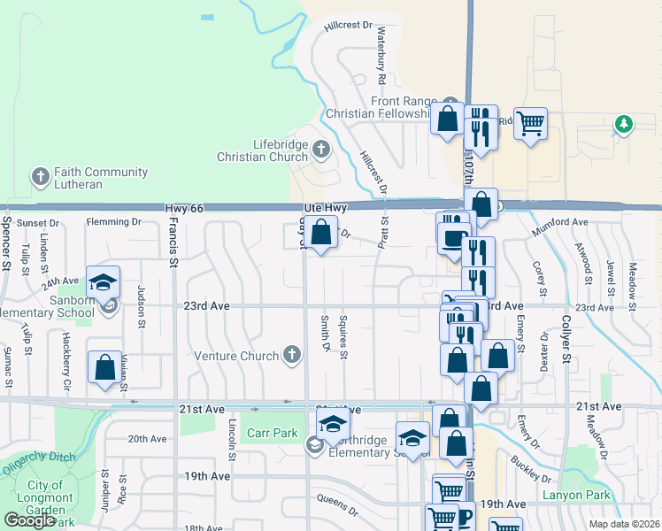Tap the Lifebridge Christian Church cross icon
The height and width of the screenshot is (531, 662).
pos(320,150)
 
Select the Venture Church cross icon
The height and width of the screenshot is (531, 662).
pos(291,356)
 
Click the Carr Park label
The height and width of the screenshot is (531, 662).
pos(271,434)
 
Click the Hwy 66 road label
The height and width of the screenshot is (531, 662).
pos(184,207)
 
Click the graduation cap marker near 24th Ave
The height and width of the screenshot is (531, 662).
pos(104,282)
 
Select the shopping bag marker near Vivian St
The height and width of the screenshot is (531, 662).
pos(104,367)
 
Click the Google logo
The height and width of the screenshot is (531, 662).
pos(29,520)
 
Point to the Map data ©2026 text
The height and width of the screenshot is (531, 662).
pos(625,524)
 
